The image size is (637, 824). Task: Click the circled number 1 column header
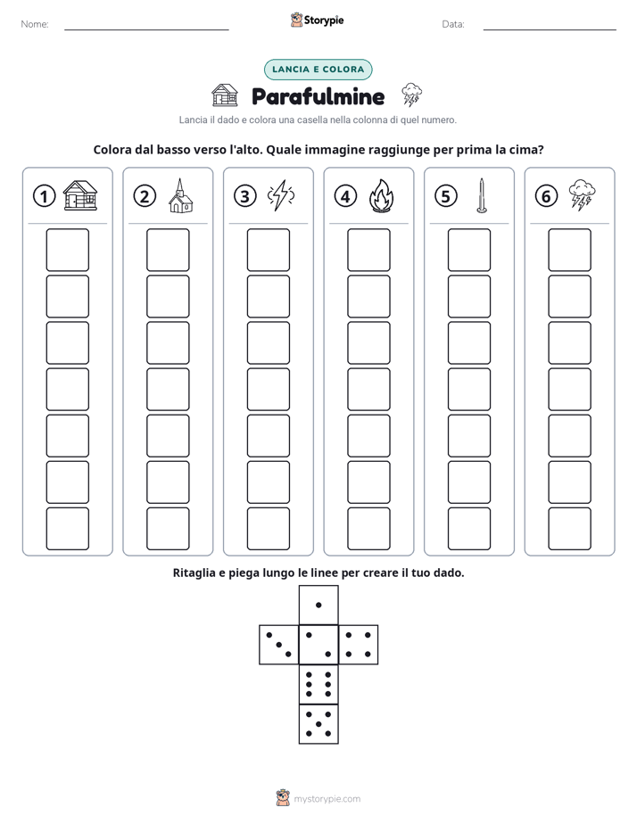pyautogui.click(x=44, y=196)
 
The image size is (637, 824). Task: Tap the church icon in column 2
pyautogui.click(x=181, y=195)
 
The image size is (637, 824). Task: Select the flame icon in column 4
pyautogui.click(x=382, y=195)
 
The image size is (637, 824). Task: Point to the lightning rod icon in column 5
pyautogui.click(x=482, y=195)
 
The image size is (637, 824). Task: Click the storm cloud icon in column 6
pyautogui.click(x=582, y=195)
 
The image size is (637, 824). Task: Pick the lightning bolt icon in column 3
pyautogui.click(x=281, y=195)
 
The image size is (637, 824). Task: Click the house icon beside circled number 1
pyautogui.click(x=80, y=195)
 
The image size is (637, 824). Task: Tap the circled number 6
pyautogui.click(x=546, y=196)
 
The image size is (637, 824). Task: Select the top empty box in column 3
pyautogui.click(x=268, y=250)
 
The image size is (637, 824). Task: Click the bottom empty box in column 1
pyautogui.click(x=67, y=529)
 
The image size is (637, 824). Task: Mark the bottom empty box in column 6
pyautogui.click(x=570, y=529)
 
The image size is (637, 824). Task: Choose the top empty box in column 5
pyautogui.click(x=469, y=250)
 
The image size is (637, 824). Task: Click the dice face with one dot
pyautogui.click(x=318, y=605)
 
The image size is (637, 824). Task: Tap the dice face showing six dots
pyautogui.click(x=318, y=684)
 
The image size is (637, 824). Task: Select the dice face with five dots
pyautogui.click(x=318, y=724)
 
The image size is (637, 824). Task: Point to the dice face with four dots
pyautogui.click(x=359, y=645)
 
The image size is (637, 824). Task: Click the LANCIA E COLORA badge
pyautogui.click(x=318, y=70)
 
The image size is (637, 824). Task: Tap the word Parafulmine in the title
pyautogui.click(x=318, y=96)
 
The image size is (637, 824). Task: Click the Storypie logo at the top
pyautogui.click(x=317, y=20)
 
